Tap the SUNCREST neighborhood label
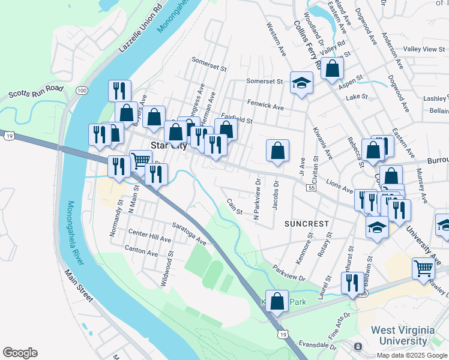pyautogui.click(x=307, y=224)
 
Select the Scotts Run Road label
pyautogui.click(x=36, y=91)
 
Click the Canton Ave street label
pyautogui.click(x=140, y=248)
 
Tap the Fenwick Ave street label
pyautogui.click(x=265, y=106)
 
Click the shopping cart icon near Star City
pyautogui.click(x=140, y=160)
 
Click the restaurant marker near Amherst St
pyautogui.click(x=352, y=283)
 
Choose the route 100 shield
pyautogui.click(x=82, y=90)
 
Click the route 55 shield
pyautogui.click(x=311, y=188)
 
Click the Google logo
pyautogui.click(x=20, y=353)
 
